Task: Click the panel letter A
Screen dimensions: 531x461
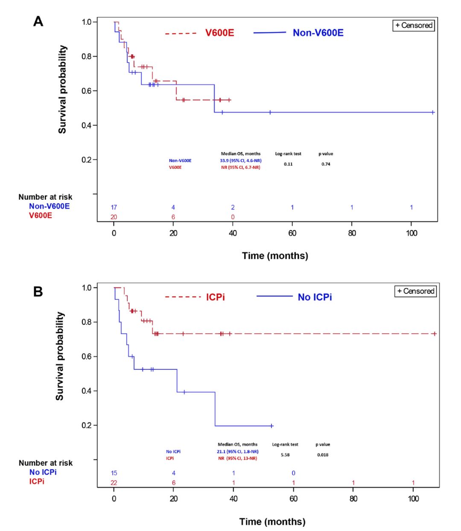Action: click(x=38, y=21)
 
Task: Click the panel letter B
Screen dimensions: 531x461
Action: click(x=38, y=292)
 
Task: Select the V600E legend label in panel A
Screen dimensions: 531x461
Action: click(x=220, y=33)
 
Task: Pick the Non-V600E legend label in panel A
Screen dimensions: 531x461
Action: click(x=318, y=33)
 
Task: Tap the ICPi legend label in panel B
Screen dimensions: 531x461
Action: click(x=216, y=297)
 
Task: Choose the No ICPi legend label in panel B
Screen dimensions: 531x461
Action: click(x=315, y=297)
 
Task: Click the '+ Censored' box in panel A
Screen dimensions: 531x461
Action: click(x=414, y=25)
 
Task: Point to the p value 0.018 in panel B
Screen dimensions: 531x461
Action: click(x=323, y=455)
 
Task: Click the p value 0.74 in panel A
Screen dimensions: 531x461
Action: click(x=326, y=164)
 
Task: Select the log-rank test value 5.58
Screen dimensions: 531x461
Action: click(x=285, y=455)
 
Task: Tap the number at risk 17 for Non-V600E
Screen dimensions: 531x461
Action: click(x=114, y=207)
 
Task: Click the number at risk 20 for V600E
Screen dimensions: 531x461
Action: click(x=114, y=217)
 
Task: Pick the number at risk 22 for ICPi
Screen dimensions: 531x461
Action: click(x=114, y=483)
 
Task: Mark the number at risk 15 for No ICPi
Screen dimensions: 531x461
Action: click(x=114, y=473)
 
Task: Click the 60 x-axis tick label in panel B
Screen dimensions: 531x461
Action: click(x=293, y=499)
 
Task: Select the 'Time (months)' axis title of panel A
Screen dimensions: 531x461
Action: click(x=275, y=256)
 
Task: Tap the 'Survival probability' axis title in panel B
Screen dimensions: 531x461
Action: click(x=60, y=356)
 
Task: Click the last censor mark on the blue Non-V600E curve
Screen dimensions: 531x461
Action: click(x=433, y=113)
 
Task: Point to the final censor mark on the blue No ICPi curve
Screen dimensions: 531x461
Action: click(x=271, y=426)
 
